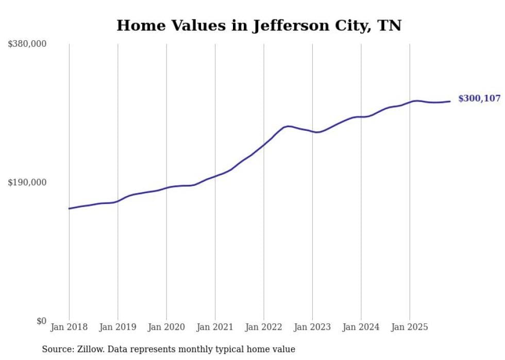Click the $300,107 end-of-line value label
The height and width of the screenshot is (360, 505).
coord(479,98)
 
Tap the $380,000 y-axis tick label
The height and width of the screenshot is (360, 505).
coord(27,44)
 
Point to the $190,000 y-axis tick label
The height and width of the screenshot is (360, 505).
coord(27,182)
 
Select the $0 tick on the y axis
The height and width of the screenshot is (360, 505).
coord(42,321)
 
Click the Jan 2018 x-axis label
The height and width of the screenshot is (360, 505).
coord(69,327)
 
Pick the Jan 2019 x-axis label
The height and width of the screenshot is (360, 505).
coord(118,327)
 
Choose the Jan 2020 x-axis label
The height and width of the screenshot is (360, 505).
coord(166,327)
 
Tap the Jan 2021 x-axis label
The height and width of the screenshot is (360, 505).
coord(215,327)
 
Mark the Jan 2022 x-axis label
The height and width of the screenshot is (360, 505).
coord(264,327)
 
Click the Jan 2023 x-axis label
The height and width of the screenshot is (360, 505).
coord(312,327)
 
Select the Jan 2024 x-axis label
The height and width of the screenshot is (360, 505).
coord(361,327)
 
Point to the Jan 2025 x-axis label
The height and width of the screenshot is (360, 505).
coord(410,327)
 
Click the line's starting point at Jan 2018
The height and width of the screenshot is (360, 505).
coord(69,209)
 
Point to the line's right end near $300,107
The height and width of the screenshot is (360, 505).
coord(450,101)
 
